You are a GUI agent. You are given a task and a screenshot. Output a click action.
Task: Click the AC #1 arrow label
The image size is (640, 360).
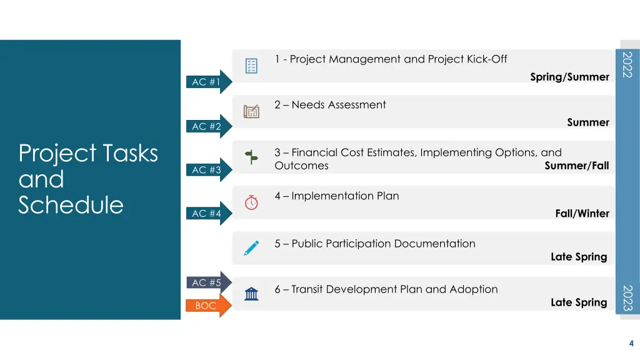click(207, 82)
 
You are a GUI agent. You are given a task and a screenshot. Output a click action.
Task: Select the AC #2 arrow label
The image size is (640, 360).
click(207, 127)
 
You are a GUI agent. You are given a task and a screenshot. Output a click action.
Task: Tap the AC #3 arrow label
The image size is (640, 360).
click(207, 170)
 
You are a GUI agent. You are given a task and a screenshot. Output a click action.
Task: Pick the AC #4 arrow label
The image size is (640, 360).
click(207, 214)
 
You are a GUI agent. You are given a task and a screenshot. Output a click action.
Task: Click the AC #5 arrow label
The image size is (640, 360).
click(207, 283)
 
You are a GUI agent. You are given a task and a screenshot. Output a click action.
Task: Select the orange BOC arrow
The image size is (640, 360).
click(206, 306)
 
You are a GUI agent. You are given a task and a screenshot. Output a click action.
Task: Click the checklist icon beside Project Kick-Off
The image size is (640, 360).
click(251, 66)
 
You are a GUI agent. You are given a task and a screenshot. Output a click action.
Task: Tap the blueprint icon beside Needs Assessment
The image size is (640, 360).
click(251, 111)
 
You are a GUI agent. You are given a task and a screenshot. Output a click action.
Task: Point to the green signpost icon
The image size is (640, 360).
click(251, 157)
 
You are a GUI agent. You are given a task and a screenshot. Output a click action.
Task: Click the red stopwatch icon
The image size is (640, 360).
click(251, 202)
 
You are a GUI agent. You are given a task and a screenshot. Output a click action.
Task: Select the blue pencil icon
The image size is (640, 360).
click(251, 248)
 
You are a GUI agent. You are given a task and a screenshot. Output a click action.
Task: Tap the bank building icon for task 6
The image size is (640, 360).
click(251, 294)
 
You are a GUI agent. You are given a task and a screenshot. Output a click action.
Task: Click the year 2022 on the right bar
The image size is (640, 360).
click(628, 65)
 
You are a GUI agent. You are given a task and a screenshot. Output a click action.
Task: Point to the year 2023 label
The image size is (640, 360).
click(628, 297)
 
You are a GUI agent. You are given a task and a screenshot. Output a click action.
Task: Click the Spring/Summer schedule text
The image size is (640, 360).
click(569, 77)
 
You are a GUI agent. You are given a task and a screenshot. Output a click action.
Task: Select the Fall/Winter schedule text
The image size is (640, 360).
click(582, 214)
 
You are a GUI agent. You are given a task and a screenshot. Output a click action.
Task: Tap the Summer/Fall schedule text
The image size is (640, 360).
click(576, 166)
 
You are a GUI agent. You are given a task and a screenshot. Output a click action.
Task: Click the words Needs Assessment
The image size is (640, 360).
click(339, 105)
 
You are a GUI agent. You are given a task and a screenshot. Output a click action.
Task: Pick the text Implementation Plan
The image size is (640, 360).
click(345, 196)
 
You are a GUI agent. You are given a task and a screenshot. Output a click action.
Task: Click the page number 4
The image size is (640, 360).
click(631, 343)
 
